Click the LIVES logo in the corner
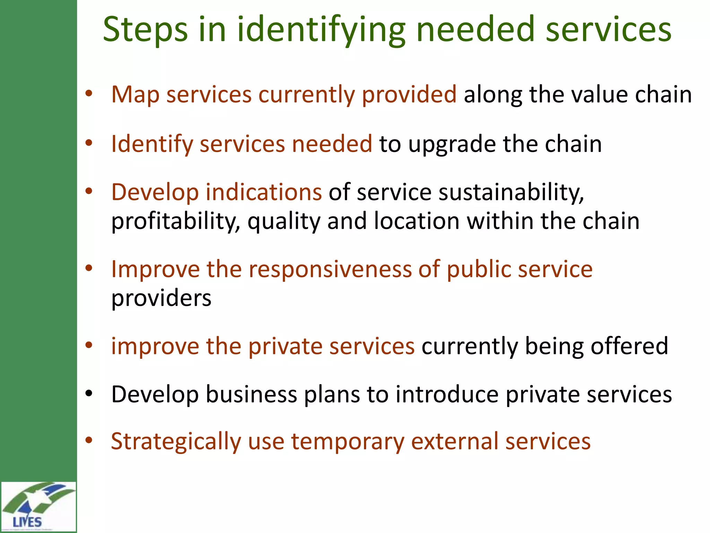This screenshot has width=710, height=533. coord(38,507)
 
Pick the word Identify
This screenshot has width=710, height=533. coord(152,144)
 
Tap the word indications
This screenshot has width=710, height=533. coord(264,192)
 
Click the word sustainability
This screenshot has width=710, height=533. coord(511,193)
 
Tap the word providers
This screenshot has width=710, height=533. coord(161,298)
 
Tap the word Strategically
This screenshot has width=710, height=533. coord(176,442)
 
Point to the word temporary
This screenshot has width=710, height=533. coord(348,442)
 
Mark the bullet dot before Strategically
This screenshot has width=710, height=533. coord(89,440)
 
